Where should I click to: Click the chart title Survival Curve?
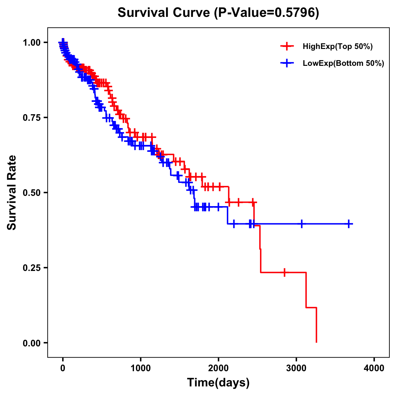(164, 13)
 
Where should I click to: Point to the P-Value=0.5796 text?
(267, 13)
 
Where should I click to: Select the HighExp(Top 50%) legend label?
(337, 47)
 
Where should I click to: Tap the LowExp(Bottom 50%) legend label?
(343, 64)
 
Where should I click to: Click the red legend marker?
(287, 46)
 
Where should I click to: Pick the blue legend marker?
(287, 63)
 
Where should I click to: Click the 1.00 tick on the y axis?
(32, 42)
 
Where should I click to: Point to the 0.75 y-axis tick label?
(32, 117)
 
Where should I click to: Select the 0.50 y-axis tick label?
(32, 193)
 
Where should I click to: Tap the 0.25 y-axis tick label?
(32, 268)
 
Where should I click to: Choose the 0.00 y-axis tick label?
(32, 343)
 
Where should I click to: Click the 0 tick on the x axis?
(63, 368)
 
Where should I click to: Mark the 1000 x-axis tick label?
(141, 368)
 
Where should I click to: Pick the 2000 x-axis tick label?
(218, 368)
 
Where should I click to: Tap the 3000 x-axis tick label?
(296, 368)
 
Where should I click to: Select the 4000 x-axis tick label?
(374, 368)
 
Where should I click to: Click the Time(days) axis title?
(218, 383)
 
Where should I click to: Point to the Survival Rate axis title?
(12, 193)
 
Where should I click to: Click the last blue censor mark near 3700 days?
(349, 224)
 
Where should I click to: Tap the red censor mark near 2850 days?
(284, 272)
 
